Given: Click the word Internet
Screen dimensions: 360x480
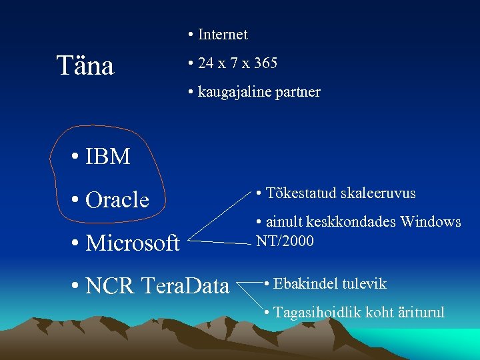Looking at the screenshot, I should pos(223,35).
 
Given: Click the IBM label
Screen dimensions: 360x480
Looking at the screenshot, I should pos(108,157).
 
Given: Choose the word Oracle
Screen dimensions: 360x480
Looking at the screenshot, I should pos(117,199).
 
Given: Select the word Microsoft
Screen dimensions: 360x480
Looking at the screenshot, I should pos(133,243).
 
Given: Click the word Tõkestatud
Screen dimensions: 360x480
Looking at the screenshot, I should pos(300,193).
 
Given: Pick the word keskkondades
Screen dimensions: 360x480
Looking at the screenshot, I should pos(351,222).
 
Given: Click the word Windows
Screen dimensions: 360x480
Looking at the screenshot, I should pos(431,222).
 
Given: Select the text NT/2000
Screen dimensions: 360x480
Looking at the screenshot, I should pos(285,241).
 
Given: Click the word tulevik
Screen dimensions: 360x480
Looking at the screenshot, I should pos(364,284).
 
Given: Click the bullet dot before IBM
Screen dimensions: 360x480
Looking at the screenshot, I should pos(77,158).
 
